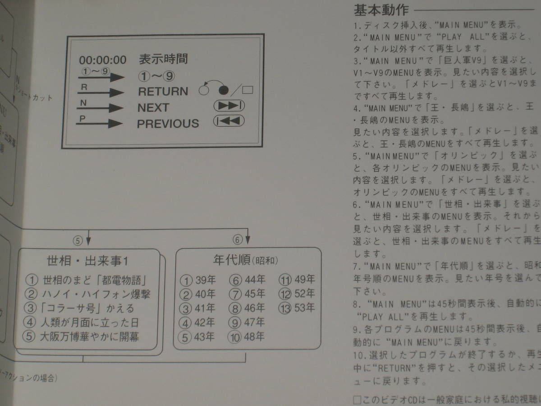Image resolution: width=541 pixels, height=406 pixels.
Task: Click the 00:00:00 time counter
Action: coord(103,60)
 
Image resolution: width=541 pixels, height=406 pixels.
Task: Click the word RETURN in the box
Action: coord(163,92)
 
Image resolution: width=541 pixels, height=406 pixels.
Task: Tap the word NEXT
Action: coord(153,108)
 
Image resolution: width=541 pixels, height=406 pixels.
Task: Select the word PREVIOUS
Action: coord(168,124)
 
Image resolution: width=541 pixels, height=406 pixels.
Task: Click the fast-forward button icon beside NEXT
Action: coord(229,106)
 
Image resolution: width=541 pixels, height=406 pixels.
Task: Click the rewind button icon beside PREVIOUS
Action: coord(229,121)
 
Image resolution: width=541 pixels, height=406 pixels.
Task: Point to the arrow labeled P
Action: coord(99,123)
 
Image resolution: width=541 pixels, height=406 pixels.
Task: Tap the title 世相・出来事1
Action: coord(88,261)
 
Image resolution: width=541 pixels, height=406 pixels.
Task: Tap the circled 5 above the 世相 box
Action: coord(78,240)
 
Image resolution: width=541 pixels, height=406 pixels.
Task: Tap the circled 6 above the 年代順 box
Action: coord(238,240)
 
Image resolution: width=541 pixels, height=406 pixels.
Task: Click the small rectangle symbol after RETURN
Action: coord(247,90)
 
